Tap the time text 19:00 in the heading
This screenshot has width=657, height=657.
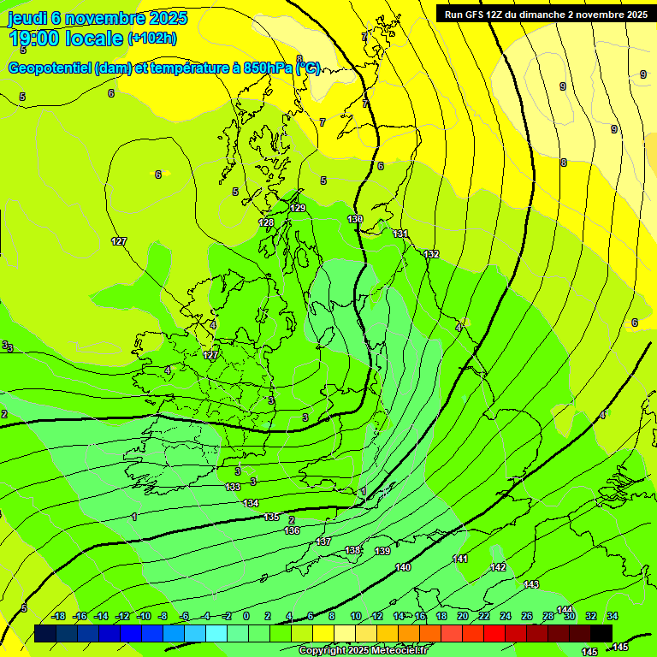(36, 38)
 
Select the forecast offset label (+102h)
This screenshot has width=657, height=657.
(153, 38)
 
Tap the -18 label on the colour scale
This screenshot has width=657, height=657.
(57, 617)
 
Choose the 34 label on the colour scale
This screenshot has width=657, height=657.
(613, 617)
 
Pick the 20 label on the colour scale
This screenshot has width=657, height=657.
(463, 617)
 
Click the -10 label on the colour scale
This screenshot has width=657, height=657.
(143, 617)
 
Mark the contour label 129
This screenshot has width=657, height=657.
(298, 208)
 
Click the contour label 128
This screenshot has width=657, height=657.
(266, 222)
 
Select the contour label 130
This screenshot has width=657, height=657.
(355, 220)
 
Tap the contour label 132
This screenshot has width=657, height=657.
(431, 254)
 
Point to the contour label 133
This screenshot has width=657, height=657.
(233, 487)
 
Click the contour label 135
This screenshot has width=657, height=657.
(271, 518)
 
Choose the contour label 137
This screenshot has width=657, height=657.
(323, 542)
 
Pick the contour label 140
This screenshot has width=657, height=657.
(403, 568)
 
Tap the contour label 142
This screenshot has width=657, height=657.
(498, 568)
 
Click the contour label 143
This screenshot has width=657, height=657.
(531, 584)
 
